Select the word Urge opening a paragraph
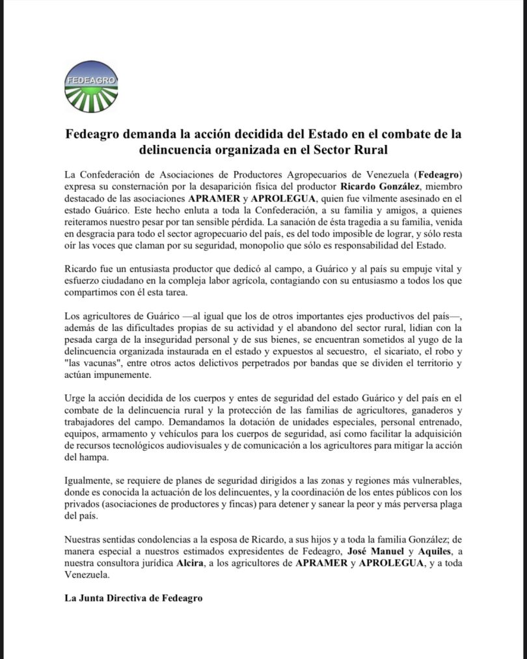75,397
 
